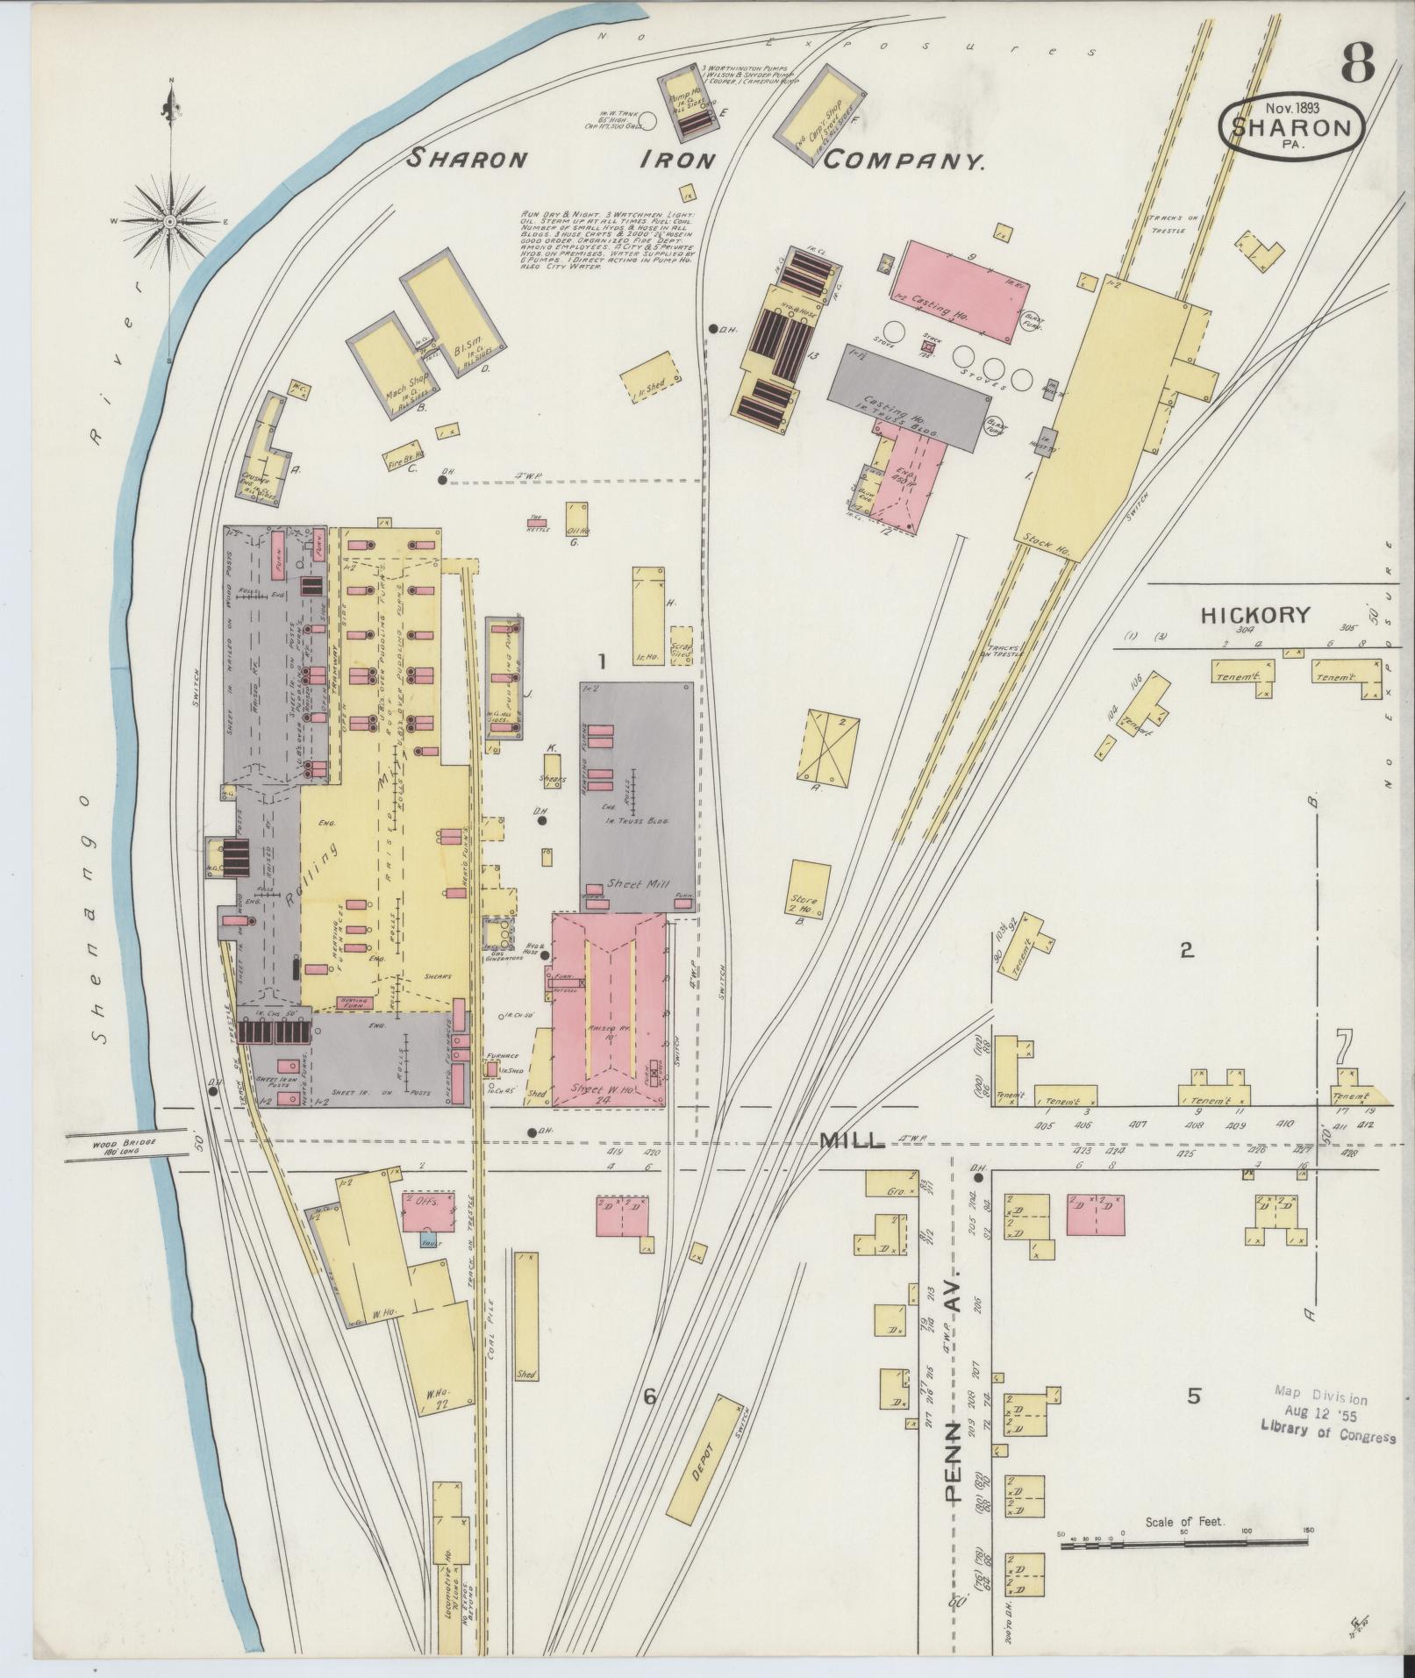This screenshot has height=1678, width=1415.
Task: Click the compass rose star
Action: (x=169, y=223)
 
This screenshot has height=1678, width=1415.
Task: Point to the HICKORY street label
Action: (x=1254, y=615)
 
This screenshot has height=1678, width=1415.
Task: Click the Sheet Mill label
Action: (x=637, y=884)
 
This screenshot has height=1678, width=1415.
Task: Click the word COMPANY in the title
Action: (x=904, y=161)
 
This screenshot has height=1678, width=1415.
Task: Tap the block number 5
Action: (x=1193, y=1396)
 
